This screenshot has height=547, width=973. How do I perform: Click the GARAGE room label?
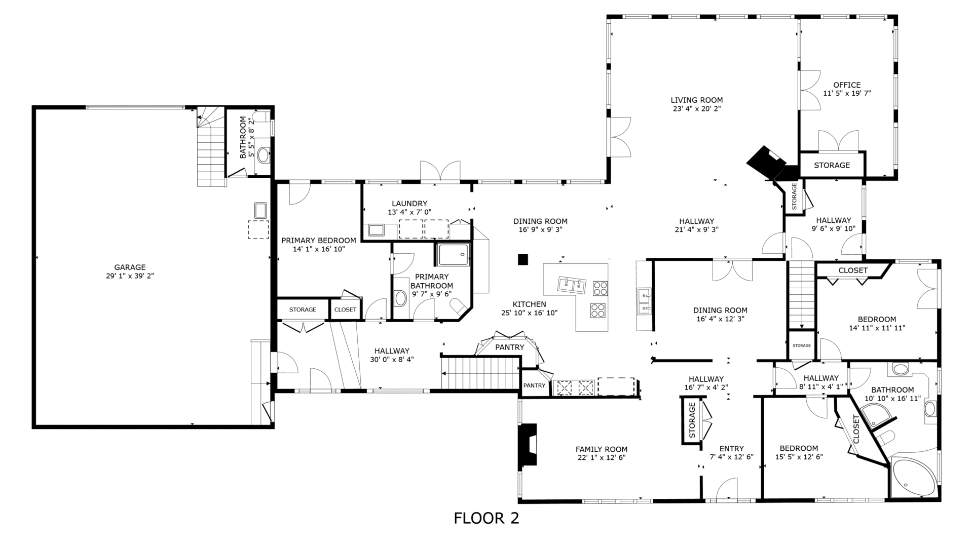(x=130, y=267)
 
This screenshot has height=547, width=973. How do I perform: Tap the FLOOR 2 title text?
(x=486, y=518)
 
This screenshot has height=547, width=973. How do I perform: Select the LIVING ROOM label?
(x=697, y=100)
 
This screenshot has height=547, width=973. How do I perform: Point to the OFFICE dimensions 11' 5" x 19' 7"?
(x=847, y=93)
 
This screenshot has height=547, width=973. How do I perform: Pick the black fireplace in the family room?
(x=527, y=447)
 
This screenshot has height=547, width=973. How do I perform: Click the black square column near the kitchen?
(x=523, y=259)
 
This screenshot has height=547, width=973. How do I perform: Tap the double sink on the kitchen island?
(x=572, y=285)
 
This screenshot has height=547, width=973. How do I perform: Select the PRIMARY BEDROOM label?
(x=319, y=241)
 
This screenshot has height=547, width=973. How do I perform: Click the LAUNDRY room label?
(x=409, y=204)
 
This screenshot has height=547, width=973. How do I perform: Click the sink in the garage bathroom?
(x=264, y=154)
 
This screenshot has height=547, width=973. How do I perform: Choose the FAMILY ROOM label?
(x=602, y=449)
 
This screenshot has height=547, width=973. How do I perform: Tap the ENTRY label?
(x=732, y=449)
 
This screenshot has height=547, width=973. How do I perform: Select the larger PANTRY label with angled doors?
(x=510, y=347)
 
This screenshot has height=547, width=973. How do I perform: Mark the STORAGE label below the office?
(x=832, y=165)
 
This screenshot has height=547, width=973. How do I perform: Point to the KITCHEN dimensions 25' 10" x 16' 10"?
(x=530, y=313)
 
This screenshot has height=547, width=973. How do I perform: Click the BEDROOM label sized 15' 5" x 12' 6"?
(x=799, y=448)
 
